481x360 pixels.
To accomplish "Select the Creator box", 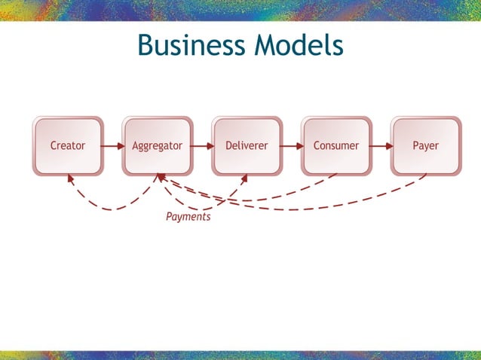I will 68,145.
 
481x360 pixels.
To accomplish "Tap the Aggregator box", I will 157,145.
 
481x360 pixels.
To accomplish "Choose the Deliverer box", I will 247,145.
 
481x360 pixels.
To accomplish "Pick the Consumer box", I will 336,145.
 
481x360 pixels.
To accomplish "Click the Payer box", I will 425,145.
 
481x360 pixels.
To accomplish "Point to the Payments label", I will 188,217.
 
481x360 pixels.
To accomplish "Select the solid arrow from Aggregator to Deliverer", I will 202,145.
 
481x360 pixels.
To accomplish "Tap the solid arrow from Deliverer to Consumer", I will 292,145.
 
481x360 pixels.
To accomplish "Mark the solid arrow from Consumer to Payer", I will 381,145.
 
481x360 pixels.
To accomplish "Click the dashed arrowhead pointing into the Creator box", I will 70,179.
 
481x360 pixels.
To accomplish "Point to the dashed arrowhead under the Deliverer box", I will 244,179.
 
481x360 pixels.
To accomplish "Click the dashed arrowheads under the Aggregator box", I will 160,178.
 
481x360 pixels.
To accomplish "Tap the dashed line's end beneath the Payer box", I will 424,176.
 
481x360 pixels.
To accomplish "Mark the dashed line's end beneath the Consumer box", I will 335,176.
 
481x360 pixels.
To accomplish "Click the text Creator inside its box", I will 68,145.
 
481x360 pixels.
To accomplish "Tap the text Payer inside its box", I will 425,145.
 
